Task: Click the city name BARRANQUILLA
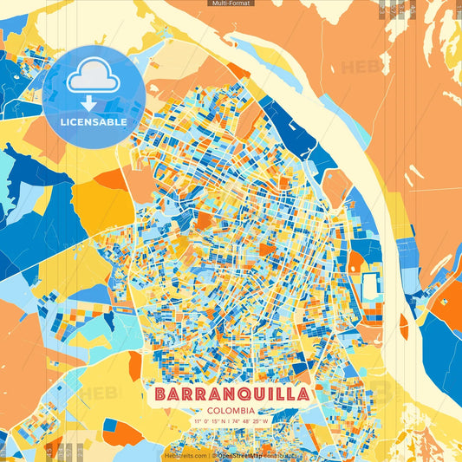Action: point(231,394)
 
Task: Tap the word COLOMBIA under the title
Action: point(231,410)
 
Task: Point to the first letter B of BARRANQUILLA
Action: point(162,394)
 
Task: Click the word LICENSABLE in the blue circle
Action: point(93,122)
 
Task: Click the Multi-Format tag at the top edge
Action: point(231,3)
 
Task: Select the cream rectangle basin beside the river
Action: point(370,285)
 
